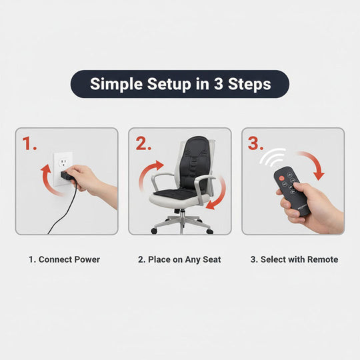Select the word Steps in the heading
pyautogui.click(x=252, y=84)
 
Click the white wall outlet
pyautogui.click(x=63, y=166)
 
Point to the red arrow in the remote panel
pyautogui.click(x=313, y=164)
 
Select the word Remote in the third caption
pyautogui.click(x=321, y=259)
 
